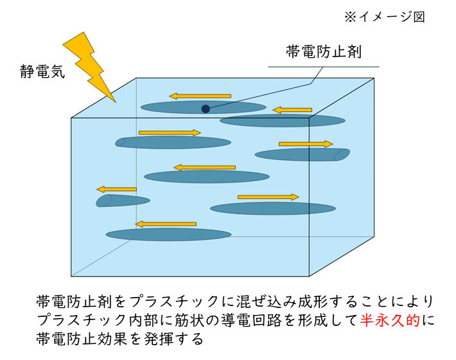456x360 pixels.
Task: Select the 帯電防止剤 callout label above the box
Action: tap(323, 52)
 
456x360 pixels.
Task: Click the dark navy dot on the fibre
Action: tap(206, 109)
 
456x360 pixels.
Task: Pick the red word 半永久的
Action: tap(392, 319)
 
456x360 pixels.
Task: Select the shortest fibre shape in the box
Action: tap(123, 201)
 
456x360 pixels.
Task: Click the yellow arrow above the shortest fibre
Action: tap(116, 189)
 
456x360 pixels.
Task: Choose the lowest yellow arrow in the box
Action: tap(166, 224)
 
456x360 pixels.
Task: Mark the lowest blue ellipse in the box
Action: tap(168, 235)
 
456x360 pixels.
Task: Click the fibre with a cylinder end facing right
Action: tap(302, 155)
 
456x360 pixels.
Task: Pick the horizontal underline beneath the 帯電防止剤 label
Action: tap(323, 66)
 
